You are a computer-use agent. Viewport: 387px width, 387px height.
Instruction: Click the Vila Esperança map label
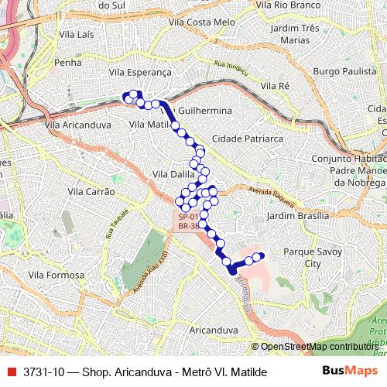140,71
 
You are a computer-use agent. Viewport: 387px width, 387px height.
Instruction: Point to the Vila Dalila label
173,174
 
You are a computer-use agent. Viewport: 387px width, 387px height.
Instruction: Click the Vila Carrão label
91,191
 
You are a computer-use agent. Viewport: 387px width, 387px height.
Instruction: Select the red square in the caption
12,372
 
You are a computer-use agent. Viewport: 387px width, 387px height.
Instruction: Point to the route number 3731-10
44,372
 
